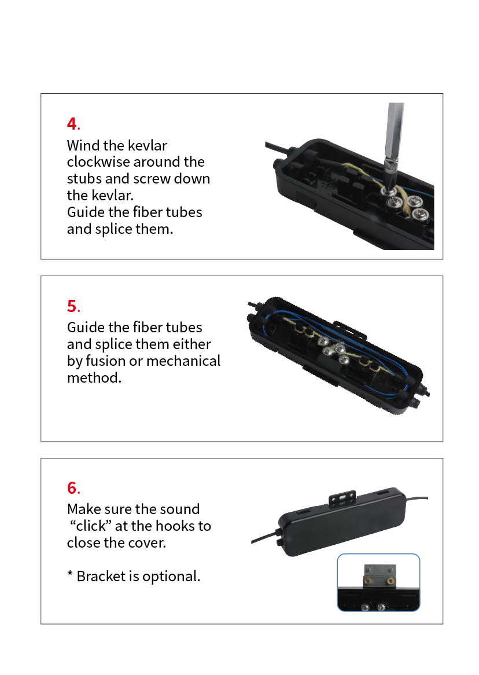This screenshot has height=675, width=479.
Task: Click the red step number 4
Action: tap(72, 124)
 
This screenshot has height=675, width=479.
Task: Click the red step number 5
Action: tap(72, 306)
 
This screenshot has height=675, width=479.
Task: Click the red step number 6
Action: tap(72, 488)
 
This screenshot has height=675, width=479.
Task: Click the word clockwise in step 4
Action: tap(98, 162)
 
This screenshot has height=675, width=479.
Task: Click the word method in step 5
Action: tap(93, 378)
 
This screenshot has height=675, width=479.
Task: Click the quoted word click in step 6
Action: tap(91, 526)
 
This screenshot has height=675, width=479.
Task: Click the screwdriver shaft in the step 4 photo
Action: tap(395, 132)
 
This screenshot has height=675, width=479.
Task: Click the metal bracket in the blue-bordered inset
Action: tap(379, 576)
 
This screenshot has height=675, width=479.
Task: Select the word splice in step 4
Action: tap(114, 229)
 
